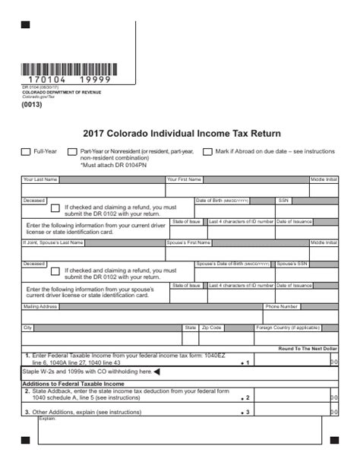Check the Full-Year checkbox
point(26,152)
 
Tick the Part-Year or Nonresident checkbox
point(72,152)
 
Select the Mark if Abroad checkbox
point(207,152)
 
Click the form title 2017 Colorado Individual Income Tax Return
point(180,133)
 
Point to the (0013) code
point(31,105)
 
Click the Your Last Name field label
point(40,180)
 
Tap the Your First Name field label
point(185,180)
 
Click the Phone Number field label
point(281,307)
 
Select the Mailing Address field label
point(41,307)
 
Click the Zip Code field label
point(211,327)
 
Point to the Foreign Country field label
point(288,327)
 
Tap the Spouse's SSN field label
point(292,264)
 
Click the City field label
point(28,327)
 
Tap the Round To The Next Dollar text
point(308,348)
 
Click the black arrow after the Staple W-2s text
point(157,372)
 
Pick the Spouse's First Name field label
point(188,242)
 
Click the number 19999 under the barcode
point(95,80)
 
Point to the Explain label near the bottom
point(47,418)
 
